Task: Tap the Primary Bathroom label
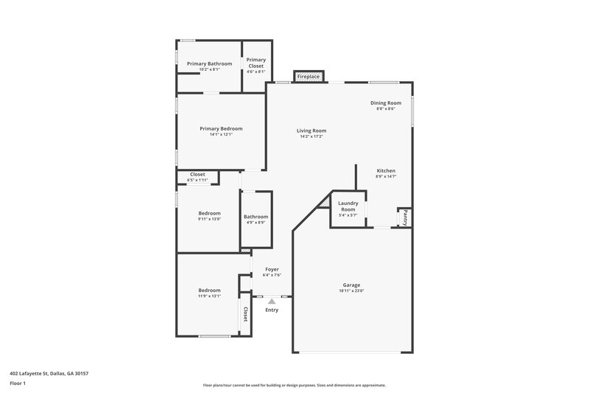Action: [x=209, y=64]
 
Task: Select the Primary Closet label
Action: [x=255, y=63]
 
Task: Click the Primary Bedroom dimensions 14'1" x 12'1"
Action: [x=221, y=135]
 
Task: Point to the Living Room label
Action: [x=313, y=131]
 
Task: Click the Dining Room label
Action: [x=386, y=102]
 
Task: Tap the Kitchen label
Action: [x=386, y=170]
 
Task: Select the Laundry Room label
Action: [x=348, y=206]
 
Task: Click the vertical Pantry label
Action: [x=404, y=218]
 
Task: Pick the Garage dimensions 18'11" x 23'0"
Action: [x=351, y=291]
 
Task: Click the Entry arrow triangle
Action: [x=272, y=301]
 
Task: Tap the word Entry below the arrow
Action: [x=272, y=310]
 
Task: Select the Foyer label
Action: [x=272, y=269]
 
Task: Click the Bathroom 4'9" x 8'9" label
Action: [x=256, y=217]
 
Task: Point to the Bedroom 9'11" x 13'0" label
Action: [x=209, y=213]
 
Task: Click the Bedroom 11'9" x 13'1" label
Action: [x=209, y=291]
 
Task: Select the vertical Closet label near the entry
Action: [x=245, y=314]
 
